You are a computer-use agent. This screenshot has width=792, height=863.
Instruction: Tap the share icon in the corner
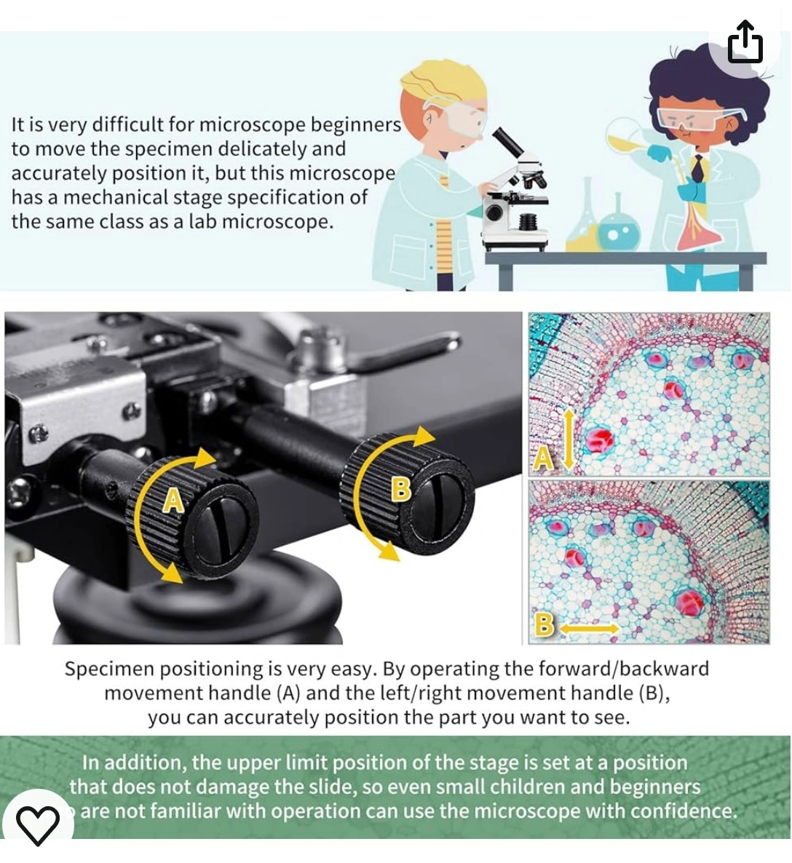pyautogui.click(x=745, y=41)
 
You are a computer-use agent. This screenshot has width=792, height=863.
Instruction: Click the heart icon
pyautogui.click(x=37, y=824)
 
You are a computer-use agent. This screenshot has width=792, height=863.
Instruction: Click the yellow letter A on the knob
pyautogui.click(x=173, y=501)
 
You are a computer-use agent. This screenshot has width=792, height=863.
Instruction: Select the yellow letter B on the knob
pyautogui.click(x=401, y=489)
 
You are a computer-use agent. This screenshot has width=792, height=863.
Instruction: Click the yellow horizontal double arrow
pyautogui.click(x=590, y=628)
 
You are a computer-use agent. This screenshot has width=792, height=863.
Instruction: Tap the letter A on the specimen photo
pyautogui.click(x=543, y=458)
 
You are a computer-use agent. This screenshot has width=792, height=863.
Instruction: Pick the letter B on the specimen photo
pyautogui.click(x=544, y=624)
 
